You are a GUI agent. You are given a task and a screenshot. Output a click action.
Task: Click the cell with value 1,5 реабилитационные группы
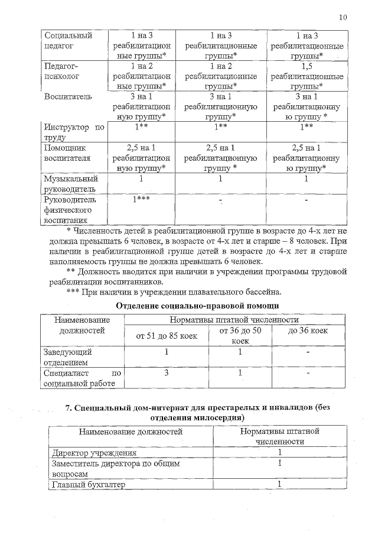[x=307, y=76]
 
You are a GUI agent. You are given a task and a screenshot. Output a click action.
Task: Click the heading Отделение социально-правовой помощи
[x=197, y=305]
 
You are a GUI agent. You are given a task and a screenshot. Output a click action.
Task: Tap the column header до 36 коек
[x=308, y=330]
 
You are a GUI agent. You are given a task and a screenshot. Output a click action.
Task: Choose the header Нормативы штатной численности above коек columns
[x=234, y=320]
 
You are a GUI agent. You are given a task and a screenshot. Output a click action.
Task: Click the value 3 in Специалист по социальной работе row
[x=167, y=373]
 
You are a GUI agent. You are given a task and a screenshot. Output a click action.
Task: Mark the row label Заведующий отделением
[x=67, y=356]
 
